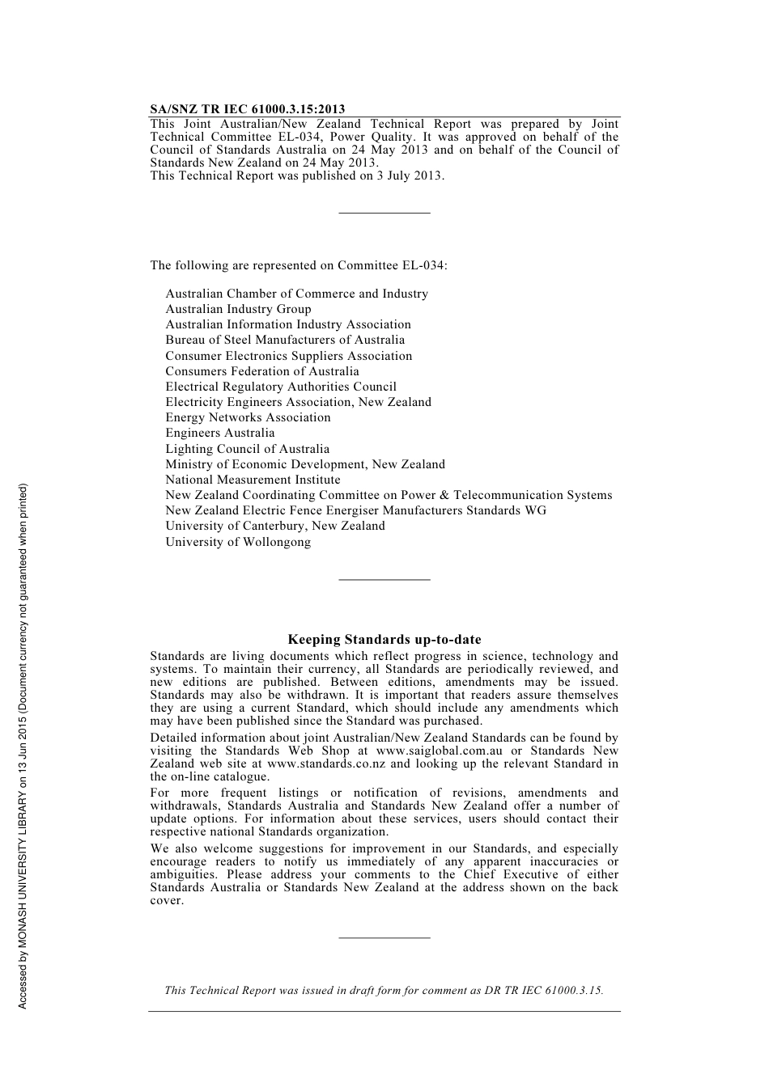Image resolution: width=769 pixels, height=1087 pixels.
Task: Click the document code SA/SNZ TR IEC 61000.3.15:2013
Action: pos(248,109)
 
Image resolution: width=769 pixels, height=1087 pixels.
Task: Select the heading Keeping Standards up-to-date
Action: pos(384,640)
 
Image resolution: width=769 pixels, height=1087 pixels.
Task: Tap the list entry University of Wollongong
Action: pos(238,542)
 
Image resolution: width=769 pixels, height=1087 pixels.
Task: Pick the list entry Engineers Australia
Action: pos(220,433)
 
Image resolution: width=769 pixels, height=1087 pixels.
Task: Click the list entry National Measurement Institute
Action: pos(253,480)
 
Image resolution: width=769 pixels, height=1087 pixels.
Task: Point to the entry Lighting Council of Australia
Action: pos(248,449)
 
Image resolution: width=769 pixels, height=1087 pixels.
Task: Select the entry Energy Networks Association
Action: pos(248,417)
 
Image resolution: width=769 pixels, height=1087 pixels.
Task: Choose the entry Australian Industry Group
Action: pos(238,309)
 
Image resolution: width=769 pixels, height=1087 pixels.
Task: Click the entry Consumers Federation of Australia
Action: pos(262,371)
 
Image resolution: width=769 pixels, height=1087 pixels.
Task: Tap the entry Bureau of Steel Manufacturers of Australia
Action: pos(285,340)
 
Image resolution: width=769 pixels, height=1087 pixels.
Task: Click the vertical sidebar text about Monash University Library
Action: pos(23,746)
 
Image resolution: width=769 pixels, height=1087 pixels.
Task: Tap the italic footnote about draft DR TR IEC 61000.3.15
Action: pos(384,990)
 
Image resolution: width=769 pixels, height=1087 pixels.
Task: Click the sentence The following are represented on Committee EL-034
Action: pos(299,265)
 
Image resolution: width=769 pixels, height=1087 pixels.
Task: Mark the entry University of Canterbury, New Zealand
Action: pos(275,526)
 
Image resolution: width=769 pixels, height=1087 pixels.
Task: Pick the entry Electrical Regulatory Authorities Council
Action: pos(281,387)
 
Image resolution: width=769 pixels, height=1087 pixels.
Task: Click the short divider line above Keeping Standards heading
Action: pos(384,579)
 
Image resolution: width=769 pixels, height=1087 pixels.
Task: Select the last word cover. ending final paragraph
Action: pos(167,900)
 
